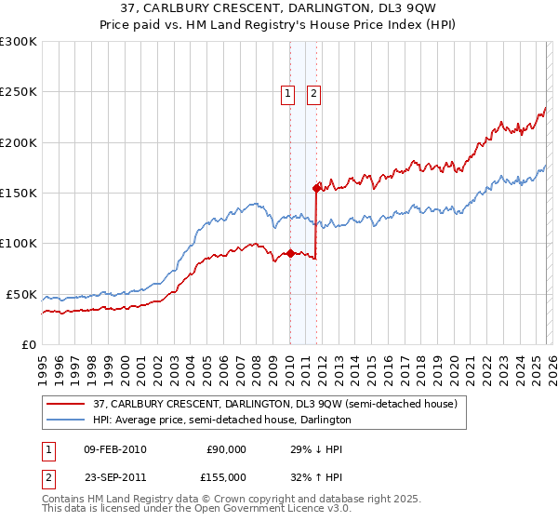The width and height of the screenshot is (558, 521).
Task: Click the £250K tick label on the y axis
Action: (x=18, y=92)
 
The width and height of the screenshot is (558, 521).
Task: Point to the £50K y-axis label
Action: (x=21, y=294)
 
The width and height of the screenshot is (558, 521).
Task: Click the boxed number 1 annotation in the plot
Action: (x=288, y=93)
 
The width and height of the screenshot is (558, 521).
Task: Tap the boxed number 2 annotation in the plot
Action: (x=314, y=93)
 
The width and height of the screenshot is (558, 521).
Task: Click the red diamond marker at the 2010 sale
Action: (x=290, y=253)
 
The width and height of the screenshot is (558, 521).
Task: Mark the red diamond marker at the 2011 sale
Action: (x=317, y=188)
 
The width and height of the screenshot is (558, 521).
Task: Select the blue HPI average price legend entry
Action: (x=221, y=421)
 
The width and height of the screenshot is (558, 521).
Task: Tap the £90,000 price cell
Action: (x=225, y=449)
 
